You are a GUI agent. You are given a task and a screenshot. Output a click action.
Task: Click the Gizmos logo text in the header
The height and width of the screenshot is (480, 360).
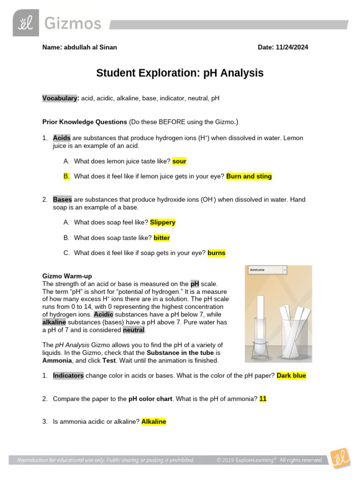tap(73, 24)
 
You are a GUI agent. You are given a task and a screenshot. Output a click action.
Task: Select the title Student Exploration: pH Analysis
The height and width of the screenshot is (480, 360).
tap(180, 73)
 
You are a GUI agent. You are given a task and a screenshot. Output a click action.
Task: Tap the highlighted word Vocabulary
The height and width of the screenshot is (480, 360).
tap(60, 98)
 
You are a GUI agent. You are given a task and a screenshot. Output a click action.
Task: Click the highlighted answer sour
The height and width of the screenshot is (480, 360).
tap(179, 161)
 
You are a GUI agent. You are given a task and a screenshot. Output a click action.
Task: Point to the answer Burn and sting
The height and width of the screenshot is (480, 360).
tap(249, 176)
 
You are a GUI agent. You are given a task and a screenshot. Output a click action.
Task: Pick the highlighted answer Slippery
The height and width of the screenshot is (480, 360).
tap(163, 222)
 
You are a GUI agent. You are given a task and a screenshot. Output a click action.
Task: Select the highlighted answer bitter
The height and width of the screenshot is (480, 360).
tap(162, 238)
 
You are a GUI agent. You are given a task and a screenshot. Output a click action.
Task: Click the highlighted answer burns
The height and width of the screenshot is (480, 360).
tap(217, 253)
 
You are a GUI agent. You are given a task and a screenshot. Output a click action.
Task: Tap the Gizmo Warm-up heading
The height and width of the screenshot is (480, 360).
tap(64, 277)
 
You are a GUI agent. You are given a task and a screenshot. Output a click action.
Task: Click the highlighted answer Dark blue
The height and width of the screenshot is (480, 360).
tap(291, 375)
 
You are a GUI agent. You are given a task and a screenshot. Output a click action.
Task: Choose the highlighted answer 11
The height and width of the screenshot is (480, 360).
tap(263, 398)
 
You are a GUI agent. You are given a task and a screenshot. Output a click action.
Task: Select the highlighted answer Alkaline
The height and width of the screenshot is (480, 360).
tap(154, 421)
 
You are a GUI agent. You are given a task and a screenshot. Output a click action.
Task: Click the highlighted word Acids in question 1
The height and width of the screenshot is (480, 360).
tap(61, 138)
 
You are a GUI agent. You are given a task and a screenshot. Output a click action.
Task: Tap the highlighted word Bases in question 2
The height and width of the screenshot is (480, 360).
tap(62, 199)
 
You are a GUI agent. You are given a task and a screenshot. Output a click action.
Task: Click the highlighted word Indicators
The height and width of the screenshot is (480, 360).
tap(68, 375)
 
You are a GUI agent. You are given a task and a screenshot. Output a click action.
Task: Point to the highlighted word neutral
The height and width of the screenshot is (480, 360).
tap(134, 330)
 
